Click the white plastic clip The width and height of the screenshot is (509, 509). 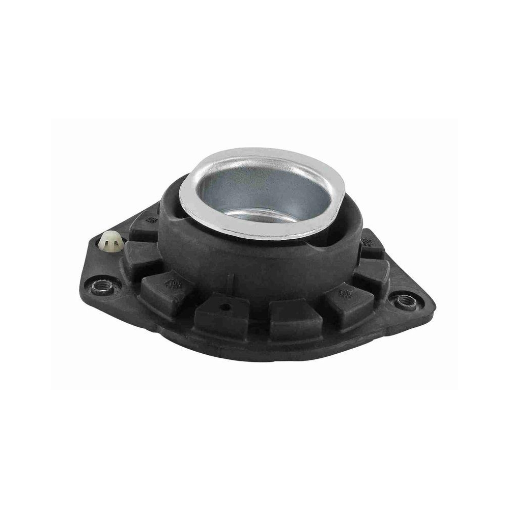[x=111, y=241]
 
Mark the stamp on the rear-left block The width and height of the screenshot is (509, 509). [x=151, y=220]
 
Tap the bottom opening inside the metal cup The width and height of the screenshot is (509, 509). [x=262, y=215]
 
